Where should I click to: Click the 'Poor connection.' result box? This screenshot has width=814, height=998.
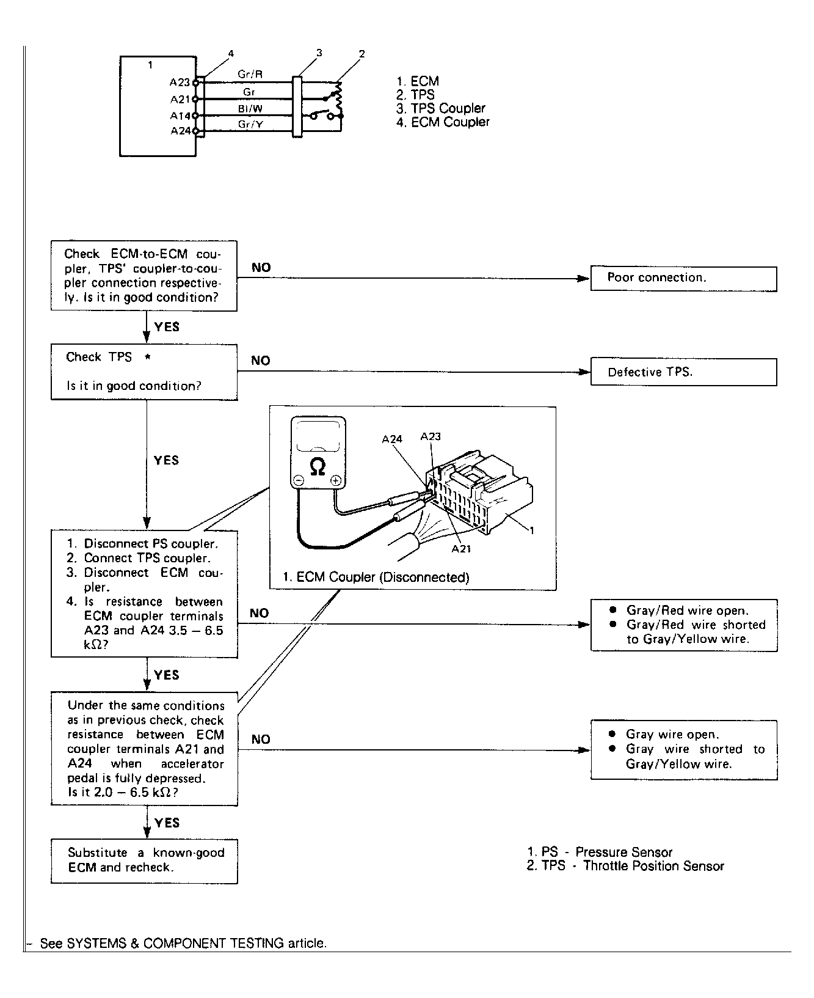point(683,279)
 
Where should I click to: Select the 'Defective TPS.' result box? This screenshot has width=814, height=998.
point(683,372)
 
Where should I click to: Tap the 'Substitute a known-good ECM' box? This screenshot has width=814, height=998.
point(144,860)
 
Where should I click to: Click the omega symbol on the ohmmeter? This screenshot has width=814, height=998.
point(318,467)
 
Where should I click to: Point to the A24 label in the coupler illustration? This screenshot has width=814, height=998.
point(392,439)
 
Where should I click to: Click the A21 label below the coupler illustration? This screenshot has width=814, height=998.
point(461,549)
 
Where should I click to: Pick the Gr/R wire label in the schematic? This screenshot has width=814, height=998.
point(250,75)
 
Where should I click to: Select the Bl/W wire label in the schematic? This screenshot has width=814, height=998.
point(250,108)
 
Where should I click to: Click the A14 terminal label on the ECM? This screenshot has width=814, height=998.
point(180,116)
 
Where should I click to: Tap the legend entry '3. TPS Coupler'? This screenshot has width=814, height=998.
point(440,108)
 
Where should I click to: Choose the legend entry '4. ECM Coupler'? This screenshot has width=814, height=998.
point(443,122)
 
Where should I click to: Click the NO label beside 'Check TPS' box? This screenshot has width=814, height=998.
point(261,361)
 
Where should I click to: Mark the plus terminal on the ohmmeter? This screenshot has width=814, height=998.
point(335,482)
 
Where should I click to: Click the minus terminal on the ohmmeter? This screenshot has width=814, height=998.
point(298,482)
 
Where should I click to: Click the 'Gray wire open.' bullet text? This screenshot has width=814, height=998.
point(672,735)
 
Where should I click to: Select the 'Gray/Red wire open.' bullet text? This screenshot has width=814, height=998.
point(687,611)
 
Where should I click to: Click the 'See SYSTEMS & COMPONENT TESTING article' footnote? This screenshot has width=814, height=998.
point(183,943)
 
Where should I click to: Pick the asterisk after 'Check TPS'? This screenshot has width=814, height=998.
point(148,358)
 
